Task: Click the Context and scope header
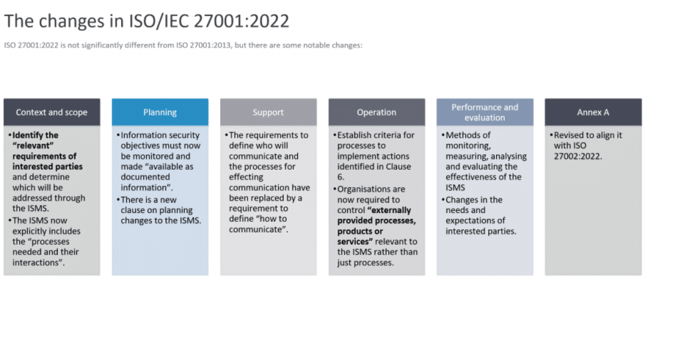(52, 112)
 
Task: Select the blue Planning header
(160, 112)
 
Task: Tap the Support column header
(268, 112)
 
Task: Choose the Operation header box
(376, 112)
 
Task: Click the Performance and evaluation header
(485, 112)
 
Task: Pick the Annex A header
(593, 112)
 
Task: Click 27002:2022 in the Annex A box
(578, 156)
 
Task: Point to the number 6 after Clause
(340, 177)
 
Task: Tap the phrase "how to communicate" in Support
(269, 224)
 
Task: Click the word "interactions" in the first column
(37, 263)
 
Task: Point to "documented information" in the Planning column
(146, 182)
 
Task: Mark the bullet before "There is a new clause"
(118, 200)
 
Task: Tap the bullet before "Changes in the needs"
(443, 200)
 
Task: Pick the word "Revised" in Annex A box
(569, 135)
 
